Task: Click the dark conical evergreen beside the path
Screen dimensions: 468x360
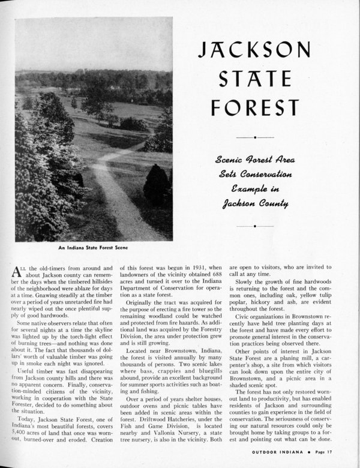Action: pyautogui.click(x=155, y=184)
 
